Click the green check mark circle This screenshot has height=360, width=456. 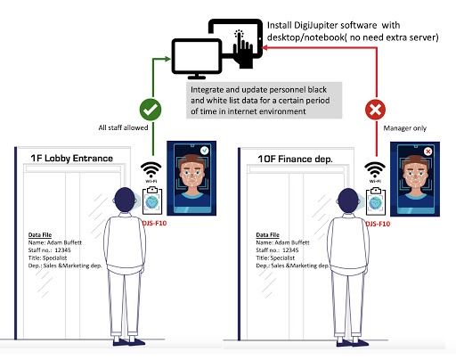point(151,110)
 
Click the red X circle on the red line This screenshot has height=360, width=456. point(375,110)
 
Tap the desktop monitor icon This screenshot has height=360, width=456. point(197,59)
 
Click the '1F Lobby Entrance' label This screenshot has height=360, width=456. point(72,159)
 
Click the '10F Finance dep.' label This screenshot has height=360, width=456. point(295,160)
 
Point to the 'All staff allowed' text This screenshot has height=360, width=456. point(123,127)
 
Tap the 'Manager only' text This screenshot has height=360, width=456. point(405,128)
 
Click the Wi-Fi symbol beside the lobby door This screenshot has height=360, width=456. point(151,172)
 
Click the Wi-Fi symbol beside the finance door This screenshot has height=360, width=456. point(375,172)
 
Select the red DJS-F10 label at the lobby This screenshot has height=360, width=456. point(154,223)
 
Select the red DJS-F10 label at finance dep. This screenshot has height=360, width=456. point(378,224)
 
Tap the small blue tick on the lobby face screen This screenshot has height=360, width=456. point(204,151)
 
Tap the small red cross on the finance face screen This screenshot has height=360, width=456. point(428,151)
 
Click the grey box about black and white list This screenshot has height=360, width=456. point(265,101)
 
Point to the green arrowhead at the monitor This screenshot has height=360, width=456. point(167,59)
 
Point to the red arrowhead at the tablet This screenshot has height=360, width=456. point(265,47)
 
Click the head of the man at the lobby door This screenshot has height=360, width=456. point(125,200)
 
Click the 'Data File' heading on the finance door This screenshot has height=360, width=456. point(268,235)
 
